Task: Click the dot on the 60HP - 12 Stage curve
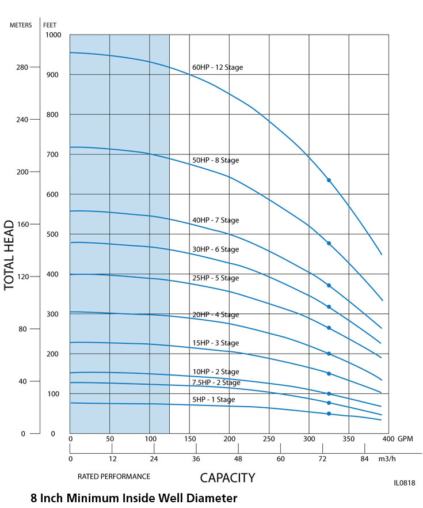point(329,180)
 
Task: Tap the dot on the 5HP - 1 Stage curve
point(329,414)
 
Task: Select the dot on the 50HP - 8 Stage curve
point(329,243)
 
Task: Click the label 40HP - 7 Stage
point(215,221)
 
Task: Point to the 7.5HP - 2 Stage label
point(216,382)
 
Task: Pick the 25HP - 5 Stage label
point(215,278)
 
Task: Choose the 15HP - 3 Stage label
point(215,343)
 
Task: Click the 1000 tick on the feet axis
point(53,35)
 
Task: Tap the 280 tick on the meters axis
point(22,67)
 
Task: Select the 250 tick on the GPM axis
point(269,439)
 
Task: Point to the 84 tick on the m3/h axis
point(364,459)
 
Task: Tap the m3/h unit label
point(387,459)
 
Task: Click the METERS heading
point(21,25)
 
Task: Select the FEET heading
point(50,25)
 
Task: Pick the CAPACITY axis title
point(227,477)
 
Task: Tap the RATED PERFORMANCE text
point(114,476)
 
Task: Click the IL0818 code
point(404,483)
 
